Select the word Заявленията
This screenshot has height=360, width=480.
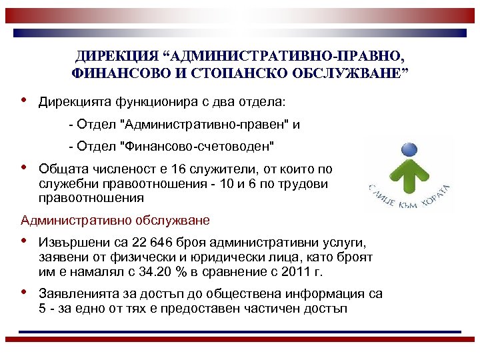click(x=76, y=294)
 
